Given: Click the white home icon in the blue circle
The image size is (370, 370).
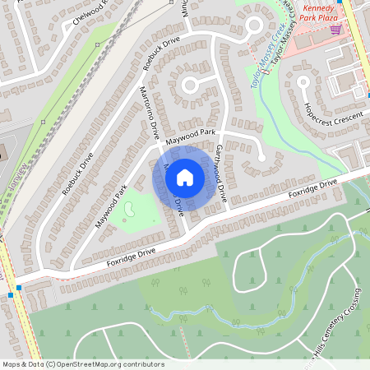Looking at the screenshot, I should click(x=185, y=178).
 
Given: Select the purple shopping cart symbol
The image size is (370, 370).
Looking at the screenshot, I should click(x=335, y=30).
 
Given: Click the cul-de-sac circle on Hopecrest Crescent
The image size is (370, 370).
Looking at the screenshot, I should click(x=303, y=81).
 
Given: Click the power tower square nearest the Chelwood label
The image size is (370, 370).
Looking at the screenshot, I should click(x=97, y=43).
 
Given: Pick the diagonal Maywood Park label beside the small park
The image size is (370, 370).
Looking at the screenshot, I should click(x=110, y=207).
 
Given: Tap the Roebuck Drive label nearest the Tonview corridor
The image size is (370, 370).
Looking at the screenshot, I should click(x=78, y=173).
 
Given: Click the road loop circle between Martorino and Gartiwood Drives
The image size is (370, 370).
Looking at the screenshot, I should click(x=190, y=84).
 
